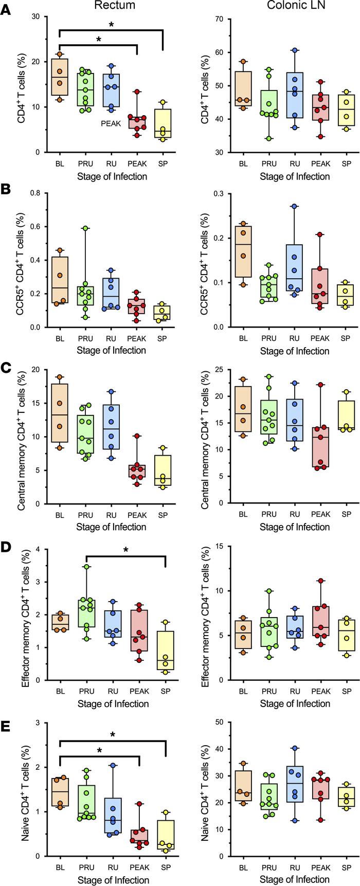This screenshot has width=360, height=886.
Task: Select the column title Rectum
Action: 111,6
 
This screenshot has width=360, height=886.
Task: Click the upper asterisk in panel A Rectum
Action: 112,25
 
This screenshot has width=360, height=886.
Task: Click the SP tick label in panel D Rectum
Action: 163,690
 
